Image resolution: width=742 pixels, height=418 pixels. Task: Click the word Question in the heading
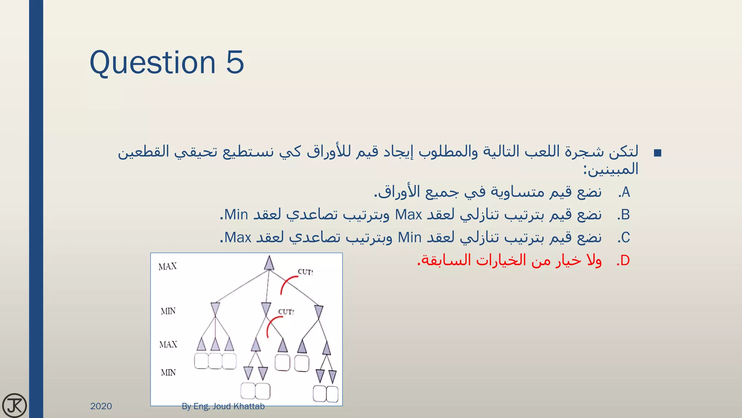[x=153, y=62]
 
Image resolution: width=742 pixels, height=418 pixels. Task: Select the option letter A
[x=626, y=192]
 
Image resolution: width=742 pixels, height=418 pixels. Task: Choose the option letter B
[x=625, y=215]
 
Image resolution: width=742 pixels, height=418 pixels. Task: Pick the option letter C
[x=625, y=238]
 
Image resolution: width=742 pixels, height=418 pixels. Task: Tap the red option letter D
[x=625, y=261]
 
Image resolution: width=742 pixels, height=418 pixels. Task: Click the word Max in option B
[x=408, y=215]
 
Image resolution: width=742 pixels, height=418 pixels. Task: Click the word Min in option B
[x=236, y=215]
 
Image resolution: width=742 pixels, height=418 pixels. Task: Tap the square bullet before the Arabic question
[x=658, y=153]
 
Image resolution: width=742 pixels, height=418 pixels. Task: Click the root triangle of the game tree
[x=269, y=263]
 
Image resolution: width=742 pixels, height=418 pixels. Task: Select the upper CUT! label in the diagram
[x=305, y=272]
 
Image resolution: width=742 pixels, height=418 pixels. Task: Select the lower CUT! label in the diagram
[x=286, y=312]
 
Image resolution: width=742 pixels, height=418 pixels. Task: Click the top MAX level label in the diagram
[x=168, y=267]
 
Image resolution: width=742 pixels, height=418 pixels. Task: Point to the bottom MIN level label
[x=168, y=372]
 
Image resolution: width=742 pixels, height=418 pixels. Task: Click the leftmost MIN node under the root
[x=215, y=309]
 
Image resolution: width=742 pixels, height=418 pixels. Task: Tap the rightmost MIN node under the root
[x=318, y=312]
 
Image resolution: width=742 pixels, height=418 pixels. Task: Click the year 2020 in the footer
[x=101, y=406]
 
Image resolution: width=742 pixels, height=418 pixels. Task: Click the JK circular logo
[x=14, y=405]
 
